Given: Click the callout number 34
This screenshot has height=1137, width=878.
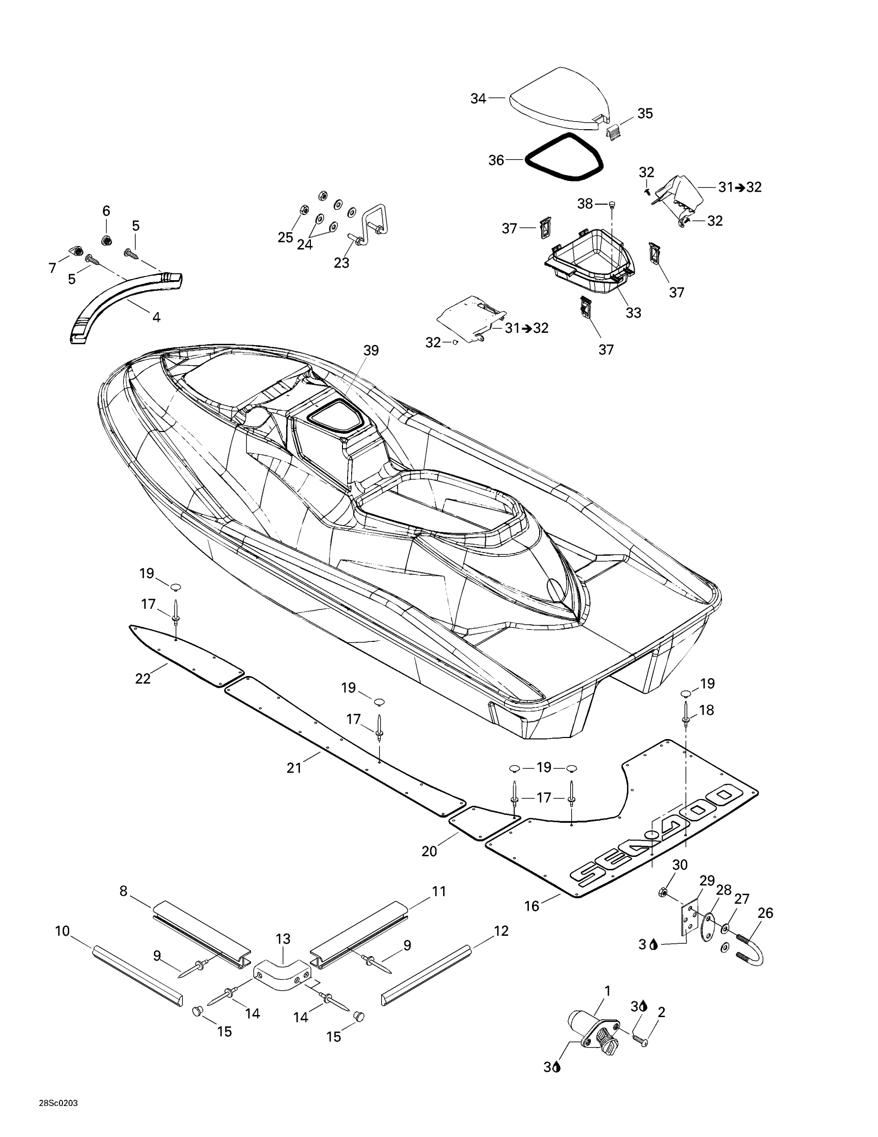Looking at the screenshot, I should tap(478, 98).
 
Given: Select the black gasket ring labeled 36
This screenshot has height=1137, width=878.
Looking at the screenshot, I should tap(526, 160).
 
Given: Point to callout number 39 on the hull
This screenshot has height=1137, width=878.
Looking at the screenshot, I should tap(371, 350).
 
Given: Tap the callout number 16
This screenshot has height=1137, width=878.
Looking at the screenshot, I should tap(531, 906).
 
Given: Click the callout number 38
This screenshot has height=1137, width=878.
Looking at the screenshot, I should tap(585, 204).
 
